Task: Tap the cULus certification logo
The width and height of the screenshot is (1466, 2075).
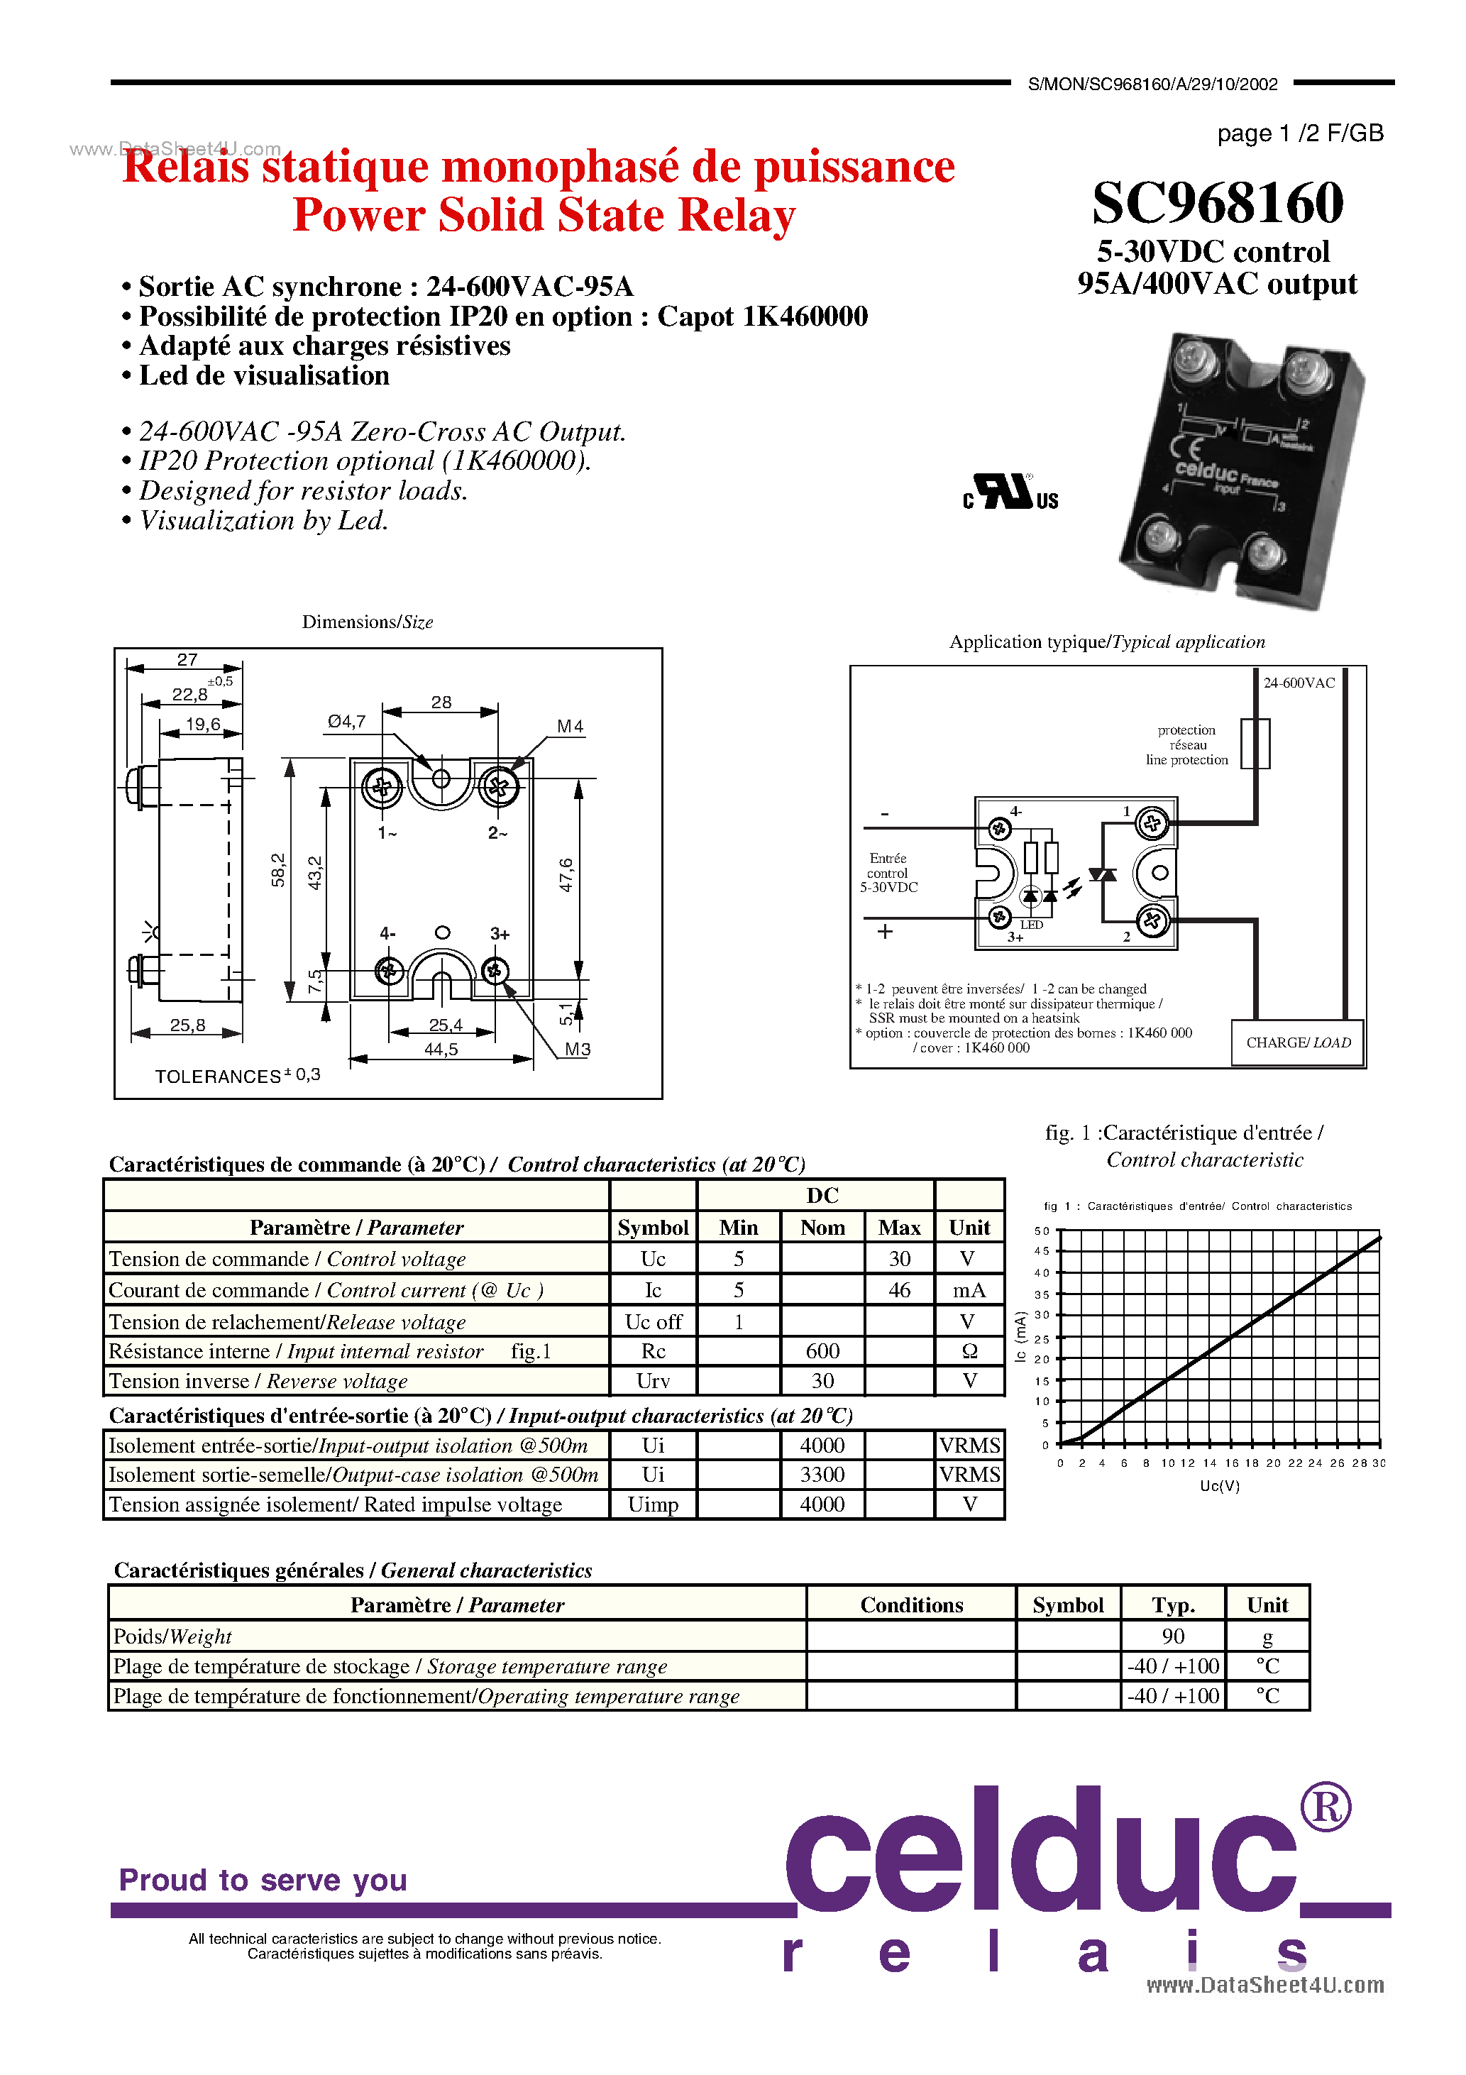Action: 1010,492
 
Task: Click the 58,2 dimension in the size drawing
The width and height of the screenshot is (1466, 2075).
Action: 277,869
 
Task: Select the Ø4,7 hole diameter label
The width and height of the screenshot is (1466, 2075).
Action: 346,721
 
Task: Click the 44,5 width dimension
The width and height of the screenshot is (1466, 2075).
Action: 441,1050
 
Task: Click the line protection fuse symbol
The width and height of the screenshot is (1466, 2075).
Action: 1255,744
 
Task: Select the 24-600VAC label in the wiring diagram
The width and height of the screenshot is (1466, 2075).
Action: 1299,683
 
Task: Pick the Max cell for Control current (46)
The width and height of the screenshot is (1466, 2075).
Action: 899,1289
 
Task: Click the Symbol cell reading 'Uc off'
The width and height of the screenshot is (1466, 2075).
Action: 654,1321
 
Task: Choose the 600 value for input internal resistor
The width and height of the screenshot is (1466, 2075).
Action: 822,1351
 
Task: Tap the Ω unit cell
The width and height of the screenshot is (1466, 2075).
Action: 970,1351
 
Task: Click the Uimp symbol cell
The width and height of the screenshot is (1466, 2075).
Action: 654,1504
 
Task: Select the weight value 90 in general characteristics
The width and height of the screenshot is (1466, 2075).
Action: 1173,1636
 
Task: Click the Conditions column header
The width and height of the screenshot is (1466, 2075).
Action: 911,1605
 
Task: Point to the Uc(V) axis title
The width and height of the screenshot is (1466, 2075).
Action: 1219,1487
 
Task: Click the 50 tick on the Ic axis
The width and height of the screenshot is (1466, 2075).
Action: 1042,1231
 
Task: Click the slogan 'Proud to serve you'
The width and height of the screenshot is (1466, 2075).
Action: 263,1880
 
